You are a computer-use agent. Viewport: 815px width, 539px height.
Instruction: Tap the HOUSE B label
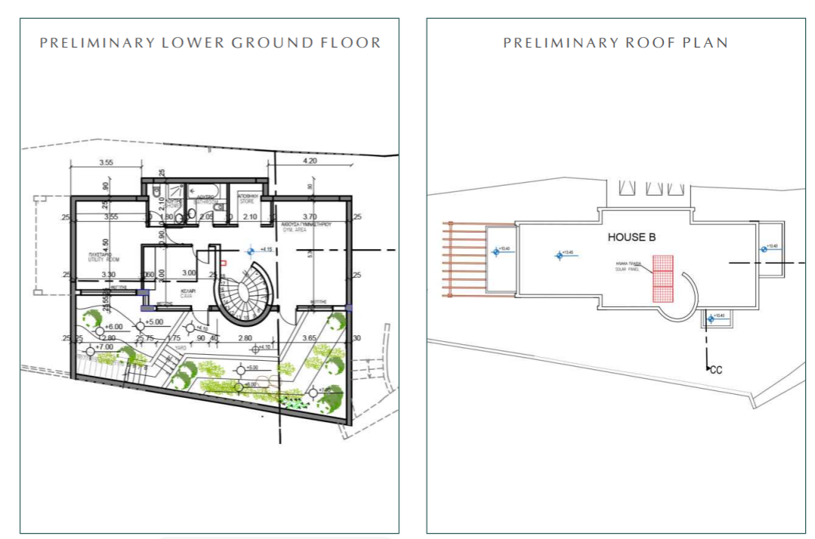pos(631,237)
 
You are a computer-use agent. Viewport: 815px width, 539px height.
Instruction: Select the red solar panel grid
pos(662,279)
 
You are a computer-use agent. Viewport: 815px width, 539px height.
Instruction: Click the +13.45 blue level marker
pos(560,255)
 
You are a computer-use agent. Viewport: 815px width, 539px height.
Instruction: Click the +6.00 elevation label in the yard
pos(114,326)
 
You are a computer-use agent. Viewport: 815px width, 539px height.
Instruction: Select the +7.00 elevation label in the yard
pos(103,346)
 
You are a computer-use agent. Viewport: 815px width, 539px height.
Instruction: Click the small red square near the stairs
pos(224,263)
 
